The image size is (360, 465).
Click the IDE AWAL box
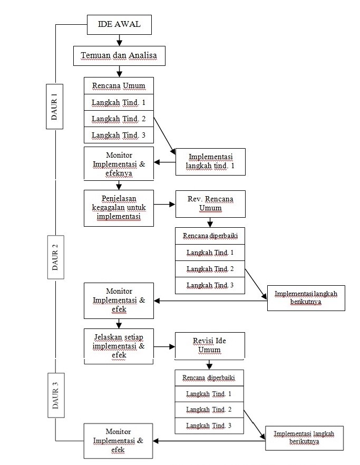(x=120, y=24)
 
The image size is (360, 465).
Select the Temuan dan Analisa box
(x=119, y=55)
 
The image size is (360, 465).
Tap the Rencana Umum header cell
(x=119, y=86)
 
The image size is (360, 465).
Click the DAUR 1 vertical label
(x=55, y=105)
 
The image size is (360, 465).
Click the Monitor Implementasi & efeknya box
(x=119, y=164)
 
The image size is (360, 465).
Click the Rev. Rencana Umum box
(x=210, y=204)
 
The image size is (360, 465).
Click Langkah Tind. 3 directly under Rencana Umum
(x=119, y=135)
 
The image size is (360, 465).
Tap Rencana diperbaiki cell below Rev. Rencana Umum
(x=210, y=236)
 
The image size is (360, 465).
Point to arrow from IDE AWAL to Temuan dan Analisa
(x=120, y=40)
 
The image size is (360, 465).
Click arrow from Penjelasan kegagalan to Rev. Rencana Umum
(x=164, y=204)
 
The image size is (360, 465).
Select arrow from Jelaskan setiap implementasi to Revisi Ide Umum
(x=164, y=347)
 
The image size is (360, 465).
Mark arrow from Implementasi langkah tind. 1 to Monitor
(x=164, y=162)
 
